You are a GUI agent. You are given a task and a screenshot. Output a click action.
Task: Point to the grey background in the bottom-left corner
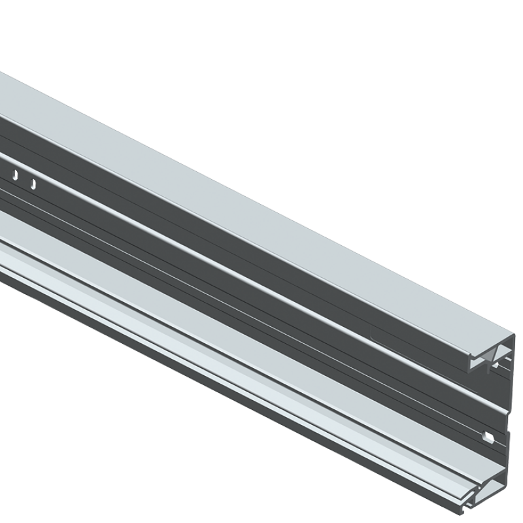[65, 458]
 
